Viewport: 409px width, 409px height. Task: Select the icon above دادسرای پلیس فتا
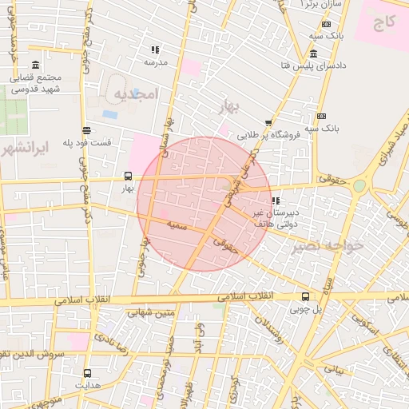[x=313, y=54]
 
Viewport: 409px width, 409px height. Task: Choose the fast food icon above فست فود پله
[x=86, y=129]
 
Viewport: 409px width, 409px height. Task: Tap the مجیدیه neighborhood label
[x=137, y=94]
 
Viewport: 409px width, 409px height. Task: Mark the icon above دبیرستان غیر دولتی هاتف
[x=276, y=201]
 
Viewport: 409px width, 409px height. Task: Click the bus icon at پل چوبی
[x=305, y=296]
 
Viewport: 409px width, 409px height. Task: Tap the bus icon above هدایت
[x=87, y=373]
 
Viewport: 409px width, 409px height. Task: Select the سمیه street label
[x=177, y=227]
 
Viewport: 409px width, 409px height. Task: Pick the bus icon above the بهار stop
[x=129, y=177]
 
